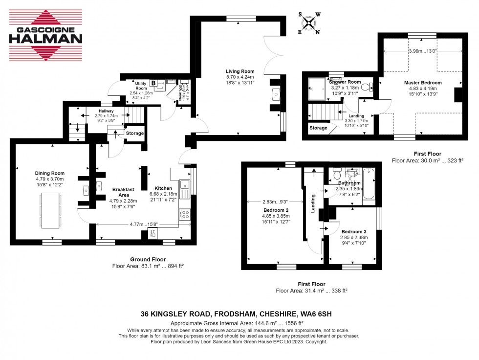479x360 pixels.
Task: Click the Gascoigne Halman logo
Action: (x=46, y=35)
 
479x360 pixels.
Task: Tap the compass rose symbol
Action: (x=309, y=23)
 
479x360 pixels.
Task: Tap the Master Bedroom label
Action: (x=423, y=83)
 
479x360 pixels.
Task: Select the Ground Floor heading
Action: (x=148, y=259)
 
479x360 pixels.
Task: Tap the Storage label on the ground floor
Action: (x=135, y=133)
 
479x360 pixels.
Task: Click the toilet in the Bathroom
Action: (x=336, y=174)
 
